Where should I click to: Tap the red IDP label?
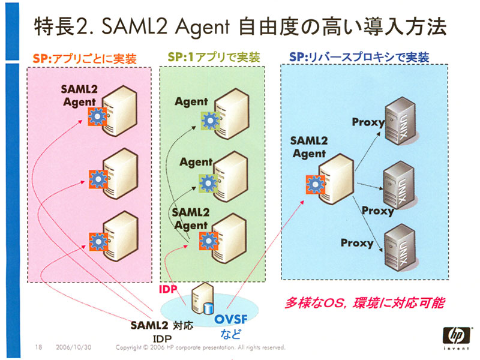[x=168, y=289]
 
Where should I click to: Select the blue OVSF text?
[x=231, y=319]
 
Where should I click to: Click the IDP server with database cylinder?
[x=202, y=298]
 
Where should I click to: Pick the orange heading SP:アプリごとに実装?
[x=85, y=58]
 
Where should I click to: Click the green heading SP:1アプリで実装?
[x=214, y=57]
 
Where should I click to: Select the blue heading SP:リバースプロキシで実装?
[x=359, y=57]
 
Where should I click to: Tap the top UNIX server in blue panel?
[x=400, y=121]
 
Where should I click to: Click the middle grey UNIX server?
[x=400, y=185]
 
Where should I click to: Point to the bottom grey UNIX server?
[x=400, y=248]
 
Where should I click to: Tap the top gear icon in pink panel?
[x=98, y=116]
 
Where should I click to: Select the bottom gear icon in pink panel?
[x=98, y=242]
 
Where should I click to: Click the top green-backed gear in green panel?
[x=211, y=121]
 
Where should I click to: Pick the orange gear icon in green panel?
[x=209, y=241]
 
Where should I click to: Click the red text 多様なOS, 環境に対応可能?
[x=364, y=303]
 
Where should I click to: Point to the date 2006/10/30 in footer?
[x=73, y=347]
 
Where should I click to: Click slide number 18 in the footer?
[x=38, y=347]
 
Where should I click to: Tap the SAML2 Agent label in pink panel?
[x=79, y=95]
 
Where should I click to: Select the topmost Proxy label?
[x=368, y=122]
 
